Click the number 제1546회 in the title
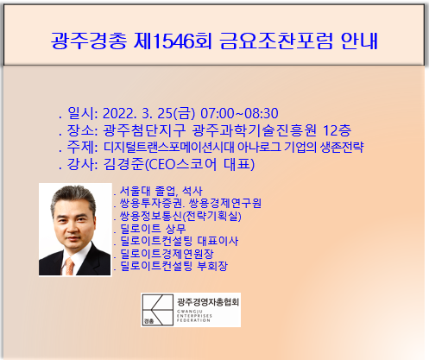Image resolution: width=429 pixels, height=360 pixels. click(x=173, y=41)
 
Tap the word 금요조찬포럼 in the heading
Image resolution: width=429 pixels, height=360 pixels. click(x=276, y=41)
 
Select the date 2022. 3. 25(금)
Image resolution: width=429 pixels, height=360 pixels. click(x=148, y=113)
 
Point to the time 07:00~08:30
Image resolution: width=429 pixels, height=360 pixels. click(x=239, y=113)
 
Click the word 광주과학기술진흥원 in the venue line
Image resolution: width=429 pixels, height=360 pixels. click(x=254, y=130)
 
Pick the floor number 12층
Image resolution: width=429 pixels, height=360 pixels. click(x=337, y=130)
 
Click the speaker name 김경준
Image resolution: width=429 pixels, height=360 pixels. click(x=123, y=164)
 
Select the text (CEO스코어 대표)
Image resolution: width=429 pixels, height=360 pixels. click(x=199, y=165)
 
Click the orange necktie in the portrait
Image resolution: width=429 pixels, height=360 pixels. click(x=70, y=266)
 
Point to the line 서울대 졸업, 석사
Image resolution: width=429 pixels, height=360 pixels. click(x=161, y=191)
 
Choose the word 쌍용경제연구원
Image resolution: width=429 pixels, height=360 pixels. click(x=225, y=203)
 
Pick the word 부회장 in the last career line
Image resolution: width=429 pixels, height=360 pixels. click(x=212, y=266)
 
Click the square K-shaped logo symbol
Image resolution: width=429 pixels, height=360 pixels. click(x=158, y=310)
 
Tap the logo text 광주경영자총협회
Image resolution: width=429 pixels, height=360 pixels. click(x=208, y=302)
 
